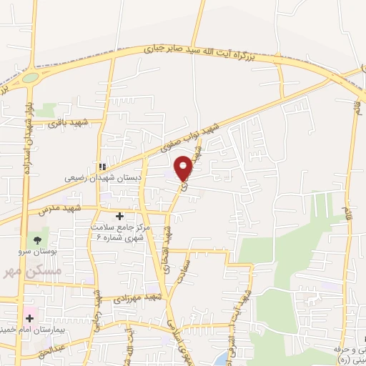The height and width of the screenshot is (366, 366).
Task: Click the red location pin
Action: [184, 167]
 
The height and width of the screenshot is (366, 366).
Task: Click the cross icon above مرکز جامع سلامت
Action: [119, 215]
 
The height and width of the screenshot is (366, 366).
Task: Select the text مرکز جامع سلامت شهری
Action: [119, 232]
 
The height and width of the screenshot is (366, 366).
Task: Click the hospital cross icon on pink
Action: [29, 317]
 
